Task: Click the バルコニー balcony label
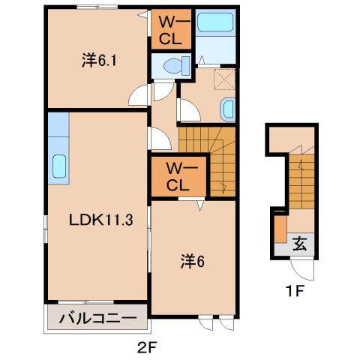pyautogui.click(x=98, y=319)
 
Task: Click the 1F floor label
pyautogui.click(x=295, y=291)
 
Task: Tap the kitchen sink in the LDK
pyautogui.click(x=59, y=166)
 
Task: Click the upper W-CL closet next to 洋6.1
pyautogui.click(x=172, y=28)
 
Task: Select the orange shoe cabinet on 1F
pyautogui.click(x=280, y=229)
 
